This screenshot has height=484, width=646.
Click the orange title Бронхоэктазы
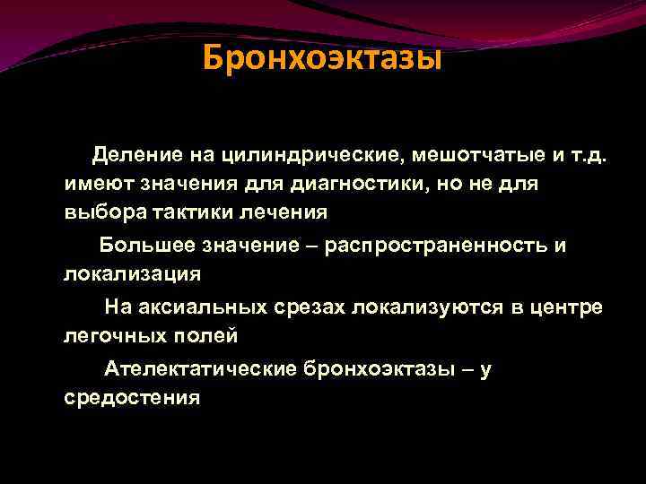pyautogui.click(x=322, y=58)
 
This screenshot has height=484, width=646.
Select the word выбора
pyautogui.click(x=97, y=213)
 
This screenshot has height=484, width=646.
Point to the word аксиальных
pyautogui.click(x=204, y=307)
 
